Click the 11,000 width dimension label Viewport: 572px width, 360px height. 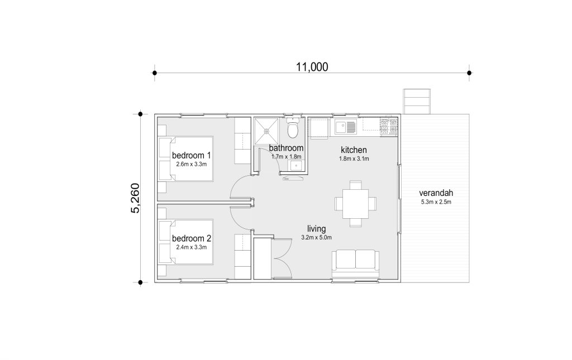(x=312, y=67)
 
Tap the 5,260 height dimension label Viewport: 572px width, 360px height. (x=135, y=198)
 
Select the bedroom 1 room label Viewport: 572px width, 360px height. (x=191, y=155)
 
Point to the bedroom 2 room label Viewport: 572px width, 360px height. (x=191, y=238)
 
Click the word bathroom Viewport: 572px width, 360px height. (x=286, y=148)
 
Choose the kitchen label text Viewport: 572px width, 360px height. (x=354, y=150)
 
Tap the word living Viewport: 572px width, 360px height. (x=316, y=229)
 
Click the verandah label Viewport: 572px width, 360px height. (x=436, y=193)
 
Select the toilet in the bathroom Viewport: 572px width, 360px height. (x=293, y=127)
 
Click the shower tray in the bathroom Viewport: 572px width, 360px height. (x=266, y=131)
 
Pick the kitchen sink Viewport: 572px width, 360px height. (x=345, y=127)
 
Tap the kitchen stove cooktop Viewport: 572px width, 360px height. (x=389, y=127)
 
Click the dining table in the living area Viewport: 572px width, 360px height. (x=355, y=204)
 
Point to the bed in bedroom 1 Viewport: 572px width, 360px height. (x=185, y=159)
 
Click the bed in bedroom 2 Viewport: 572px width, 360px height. (x=185, y=242)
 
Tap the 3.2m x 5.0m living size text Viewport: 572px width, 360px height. (x=316, y=238)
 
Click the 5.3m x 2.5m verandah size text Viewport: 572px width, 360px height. (x=436, y=202)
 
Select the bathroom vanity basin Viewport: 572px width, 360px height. (x=295, y=166)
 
